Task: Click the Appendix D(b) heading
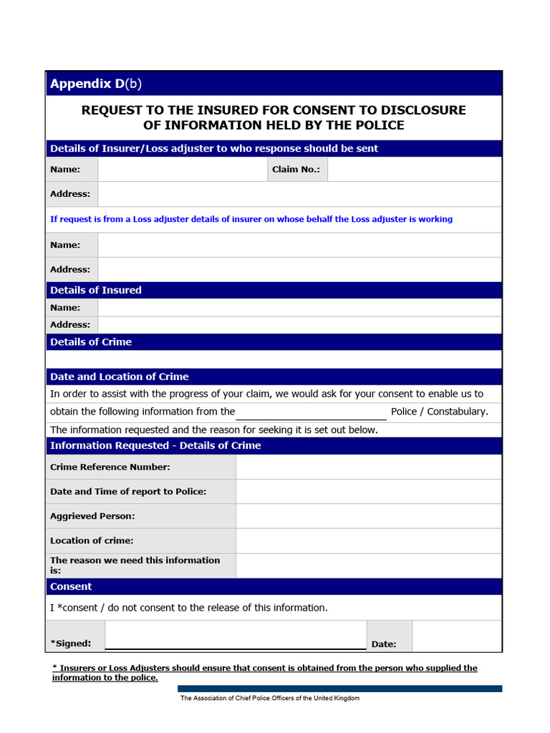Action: tap(96, 84)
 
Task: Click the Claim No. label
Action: tap(296, 170)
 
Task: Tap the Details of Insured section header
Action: tap(96, 290)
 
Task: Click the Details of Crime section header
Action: tap(91, 342)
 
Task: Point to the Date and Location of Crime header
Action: tap(120, 377)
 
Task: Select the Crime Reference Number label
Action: tap(110, 467)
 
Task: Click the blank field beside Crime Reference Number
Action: tap(368, 467)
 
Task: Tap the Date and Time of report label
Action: tap(128, 492)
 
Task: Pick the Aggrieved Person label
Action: tap(92, 516)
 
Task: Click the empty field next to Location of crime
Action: tap(368, 540)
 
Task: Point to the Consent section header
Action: tap(71, 587)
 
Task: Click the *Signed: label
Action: tap(70, 644)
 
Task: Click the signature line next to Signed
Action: tap(236, 641)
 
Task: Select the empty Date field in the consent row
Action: tap(456, 636)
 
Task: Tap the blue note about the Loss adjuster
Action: tap(251, 219)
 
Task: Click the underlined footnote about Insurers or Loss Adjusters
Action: tap(264, 673)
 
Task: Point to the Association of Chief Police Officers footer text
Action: tap(270, 699)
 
